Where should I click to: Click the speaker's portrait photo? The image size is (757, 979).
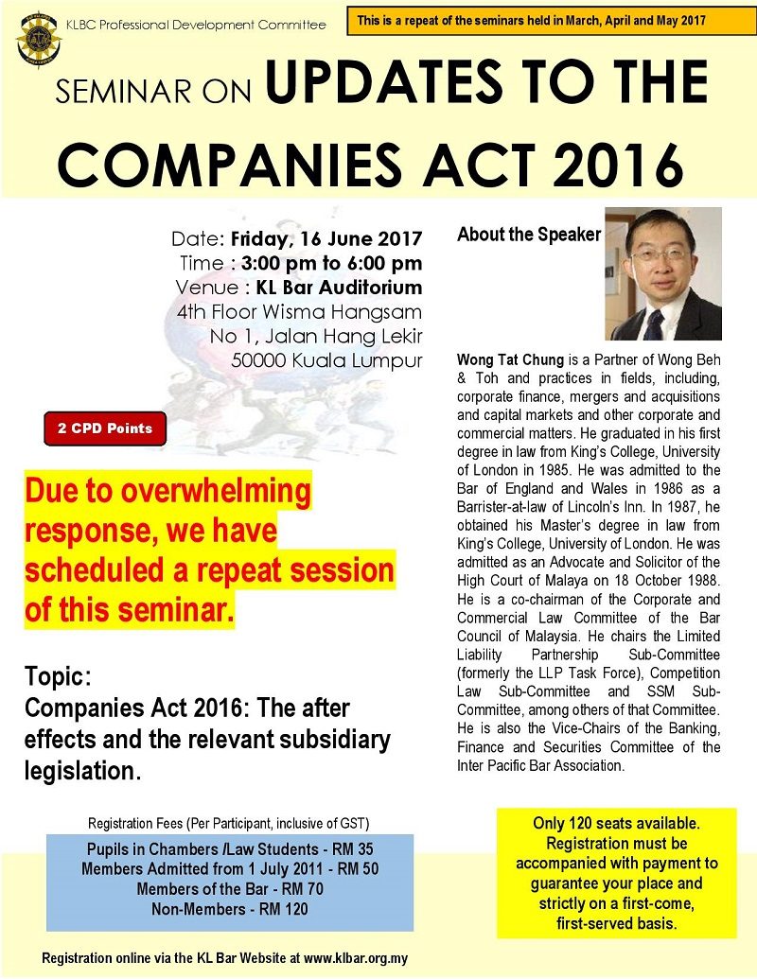(x=662, y=274)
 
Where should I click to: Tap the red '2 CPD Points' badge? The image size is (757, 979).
(x=104, y=428)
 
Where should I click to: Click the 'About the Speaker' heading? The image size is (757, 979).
(x=528, y=235)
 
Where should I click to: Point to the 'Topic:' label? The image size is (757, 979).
(x=58, y=679)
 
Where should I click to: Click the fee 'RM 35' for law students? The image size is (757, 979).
(x=342, y=850)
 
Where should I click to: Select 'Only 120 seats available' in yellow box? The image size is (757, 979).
(x=615, y=825)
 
